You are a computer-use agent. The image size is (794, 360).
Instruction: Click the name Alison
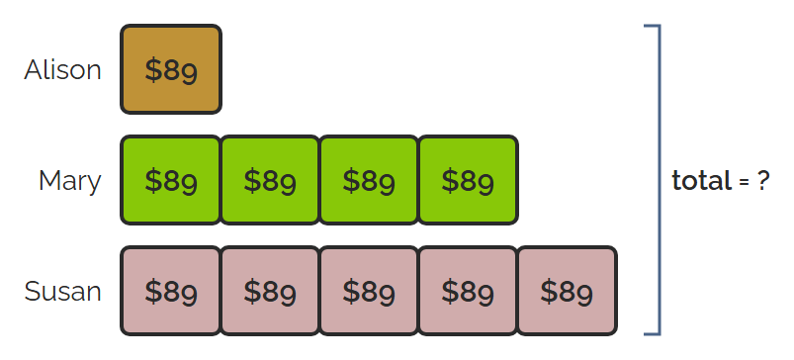point(63,69)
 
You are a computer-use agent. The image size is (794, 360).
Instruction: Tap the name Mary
point(70,181)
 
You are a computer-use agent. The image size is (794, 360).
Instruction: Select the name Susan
point(63,291)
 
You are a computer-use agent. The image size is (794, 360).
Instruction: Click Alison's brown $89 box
point(171,69)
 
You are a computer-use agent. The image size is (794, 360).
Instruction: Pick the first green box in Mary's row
point(171,180)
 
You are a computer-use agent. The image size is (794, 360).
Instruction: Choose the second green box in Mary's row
point(270,180)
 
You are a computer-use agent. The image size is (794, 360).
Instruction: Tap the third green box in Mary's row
point(369,180)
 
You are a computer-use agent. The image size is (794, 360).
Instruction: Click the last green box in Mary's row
point(468,180)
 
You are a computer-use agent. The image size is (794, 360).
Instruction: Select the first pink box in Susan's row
point(171,291)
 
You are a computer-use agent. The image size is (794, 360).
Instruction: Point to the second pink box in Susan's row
point(270,291)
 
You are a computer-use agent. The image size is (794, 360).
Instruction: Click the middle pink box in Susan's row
point(369,291)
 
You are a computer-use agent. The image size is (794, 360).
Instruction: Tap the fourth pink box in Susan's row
point(468,291)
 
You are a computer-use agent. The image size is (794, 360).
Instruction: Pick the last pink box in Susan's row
point(567,291)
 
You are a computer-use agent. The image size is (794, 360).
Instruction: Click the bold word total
point(702,180)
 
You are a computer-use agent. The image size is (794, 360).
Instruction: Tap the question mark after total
point(763,180)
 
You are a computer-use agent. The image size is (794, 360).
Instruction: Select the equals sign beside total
point(744,181)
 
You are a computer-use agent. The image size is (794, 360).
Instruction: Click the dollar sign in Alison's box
point(153,69)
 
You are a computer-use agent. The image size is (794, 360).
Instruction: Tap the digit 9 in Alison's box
point(189,73)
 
